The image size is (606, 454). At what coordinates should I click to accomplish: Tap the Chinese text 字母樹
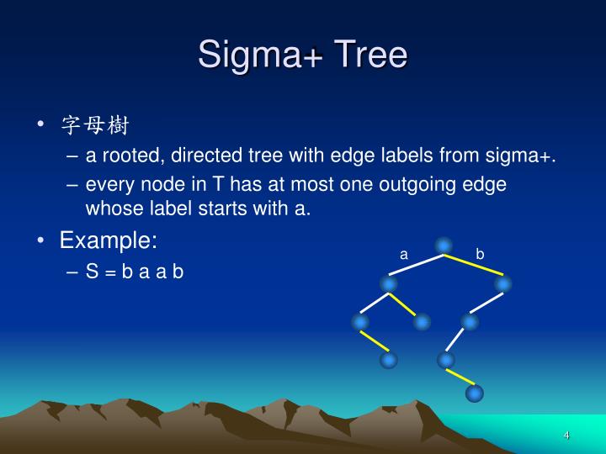(94, 126)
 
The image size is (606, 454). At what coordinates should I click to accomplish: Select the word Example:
(108, 240)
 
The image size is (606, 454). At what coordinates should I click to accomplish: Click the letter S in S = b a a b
(91, 272)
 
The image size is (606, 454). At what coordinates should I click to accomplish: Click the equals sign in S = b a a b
(110, 272)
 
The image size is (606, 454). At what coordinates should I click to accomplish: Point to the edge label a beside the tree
(404, 254)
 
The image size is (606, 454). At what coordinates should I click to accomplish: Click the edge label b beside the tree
(480, 254)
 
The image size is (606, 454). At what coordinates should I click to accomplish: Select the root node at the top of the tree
(444, 245)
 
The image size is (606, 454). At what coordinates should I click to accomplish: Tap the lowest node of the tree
(475, 393)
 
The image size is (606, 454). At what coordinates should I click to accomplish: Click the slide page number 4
(567, 435)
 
